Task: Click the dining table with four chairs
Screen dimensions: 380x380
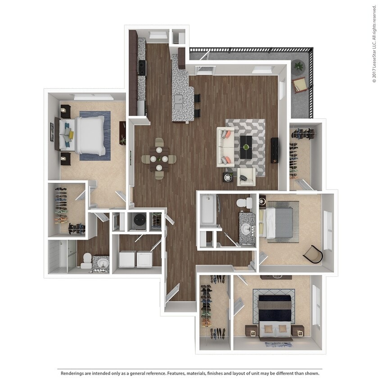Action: [159, 158]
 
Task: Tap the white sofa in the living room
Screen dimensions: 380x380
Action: [225, 147]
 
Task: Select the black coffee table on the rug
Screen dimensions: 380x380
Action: [246, 147]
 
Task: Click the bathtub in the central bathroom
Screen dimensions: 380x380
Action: [208, 210]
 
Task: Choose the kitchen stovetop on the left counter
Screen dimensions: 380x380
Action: [141, 68]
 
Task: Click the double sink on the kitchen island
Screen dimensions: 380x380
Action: [179, 102]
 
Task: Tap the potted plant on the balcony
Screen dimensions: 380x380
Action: [298, 67]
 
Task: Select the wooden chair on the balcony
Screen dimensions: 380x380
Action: [299, 84]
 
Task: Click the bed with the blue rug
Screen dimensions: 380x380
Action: [88, 136]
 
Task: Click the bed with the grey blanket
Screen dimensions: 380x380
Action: [279, 222]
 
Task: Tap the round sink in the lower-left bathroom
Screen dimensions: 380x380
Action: [102, 264]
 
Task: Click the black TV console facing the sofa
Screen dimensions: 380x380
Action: [274, 150]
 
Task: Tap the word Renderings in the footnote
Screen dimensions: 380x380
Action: [72, 373]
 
